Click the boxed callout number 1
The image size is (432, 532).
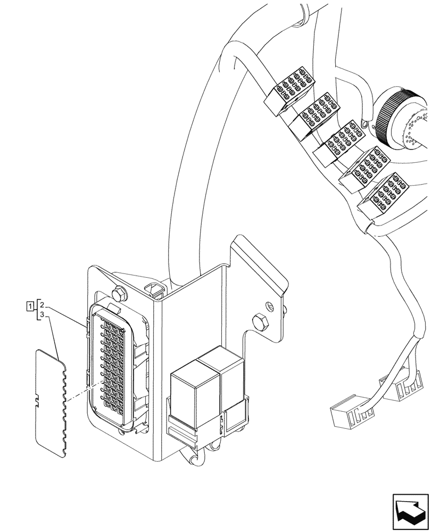click(x=30, y=305)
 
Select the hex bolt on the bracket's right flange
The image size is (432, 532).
click(x=261, y=321)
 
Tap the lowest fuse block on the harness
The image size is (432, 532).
click(x=386, y=193)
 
